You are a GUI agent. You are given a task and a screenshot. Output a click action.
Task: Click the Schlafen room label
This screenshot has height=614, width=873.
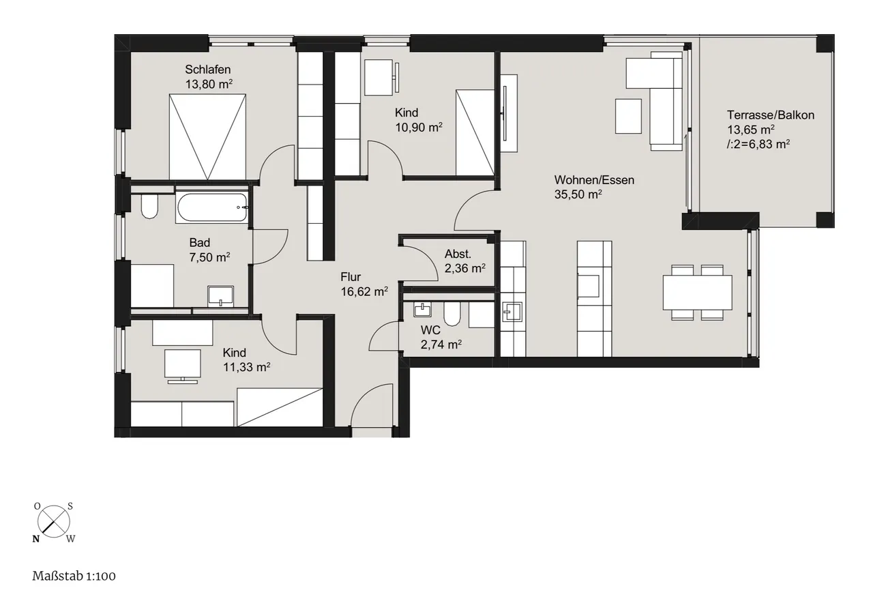(208, 70)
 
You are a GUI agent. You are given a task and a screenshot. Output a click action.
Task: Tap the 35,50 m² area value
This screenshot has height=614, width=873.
(578, 194)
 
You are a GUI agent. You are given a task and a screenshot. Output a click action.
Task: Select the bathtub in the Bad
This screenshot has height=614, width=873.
(212, 207)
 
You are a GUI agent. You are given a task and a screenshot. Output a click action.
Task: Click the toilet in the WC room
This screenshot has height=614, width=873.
(452, 315)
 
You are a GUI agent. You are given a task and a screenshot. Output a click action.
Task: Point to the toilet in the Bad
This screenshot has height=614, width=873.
(149, 207)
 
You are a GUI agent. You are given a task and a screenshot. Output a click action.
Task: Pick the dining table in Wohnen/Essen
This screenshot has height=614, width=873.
(697, 293)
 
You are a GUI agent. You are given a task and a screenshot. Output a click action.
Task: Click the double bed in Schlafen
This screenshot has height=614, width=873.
(207, 137)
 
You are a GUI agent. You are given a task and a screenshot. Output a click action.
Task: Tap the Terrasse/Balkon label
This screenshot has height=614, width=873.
(771, 115)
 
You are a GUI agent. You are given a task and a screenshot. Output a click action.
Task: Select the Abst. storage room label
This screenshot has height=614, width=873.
(458, 254)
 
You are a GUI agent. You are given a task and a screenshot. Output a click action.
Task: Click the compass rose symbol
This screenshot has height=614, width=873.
(54, 522)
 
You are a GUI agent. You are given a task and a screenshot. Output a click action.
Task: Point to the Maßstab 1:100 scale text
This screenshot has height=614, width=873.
(74, 576)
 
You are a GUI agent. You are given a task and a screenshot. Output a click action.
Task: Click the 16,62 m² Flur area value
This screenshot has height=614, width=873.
(364, 291)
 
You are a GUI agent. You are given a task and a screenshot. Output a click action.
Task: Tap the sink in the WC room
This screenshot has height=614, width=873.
(422, 310)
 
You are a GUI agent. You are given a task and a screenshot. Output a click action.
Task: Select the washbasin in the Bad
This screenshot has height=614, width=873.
(221, 296)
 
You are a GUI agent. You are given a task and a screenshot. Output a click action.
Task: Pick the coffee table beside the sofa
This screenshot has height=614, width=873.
(628, 116)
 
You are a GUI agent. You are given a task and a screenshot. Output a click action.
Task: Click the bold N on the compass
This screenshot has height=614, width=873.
(36, 539)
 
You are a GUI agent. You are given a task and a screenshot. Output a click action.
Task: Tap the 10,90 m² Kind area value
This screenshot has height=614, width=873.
(419, 127)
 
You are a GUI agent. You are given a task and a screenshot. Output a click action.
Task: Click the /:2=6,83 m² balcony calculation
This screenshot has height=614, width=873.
(758, 144)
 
